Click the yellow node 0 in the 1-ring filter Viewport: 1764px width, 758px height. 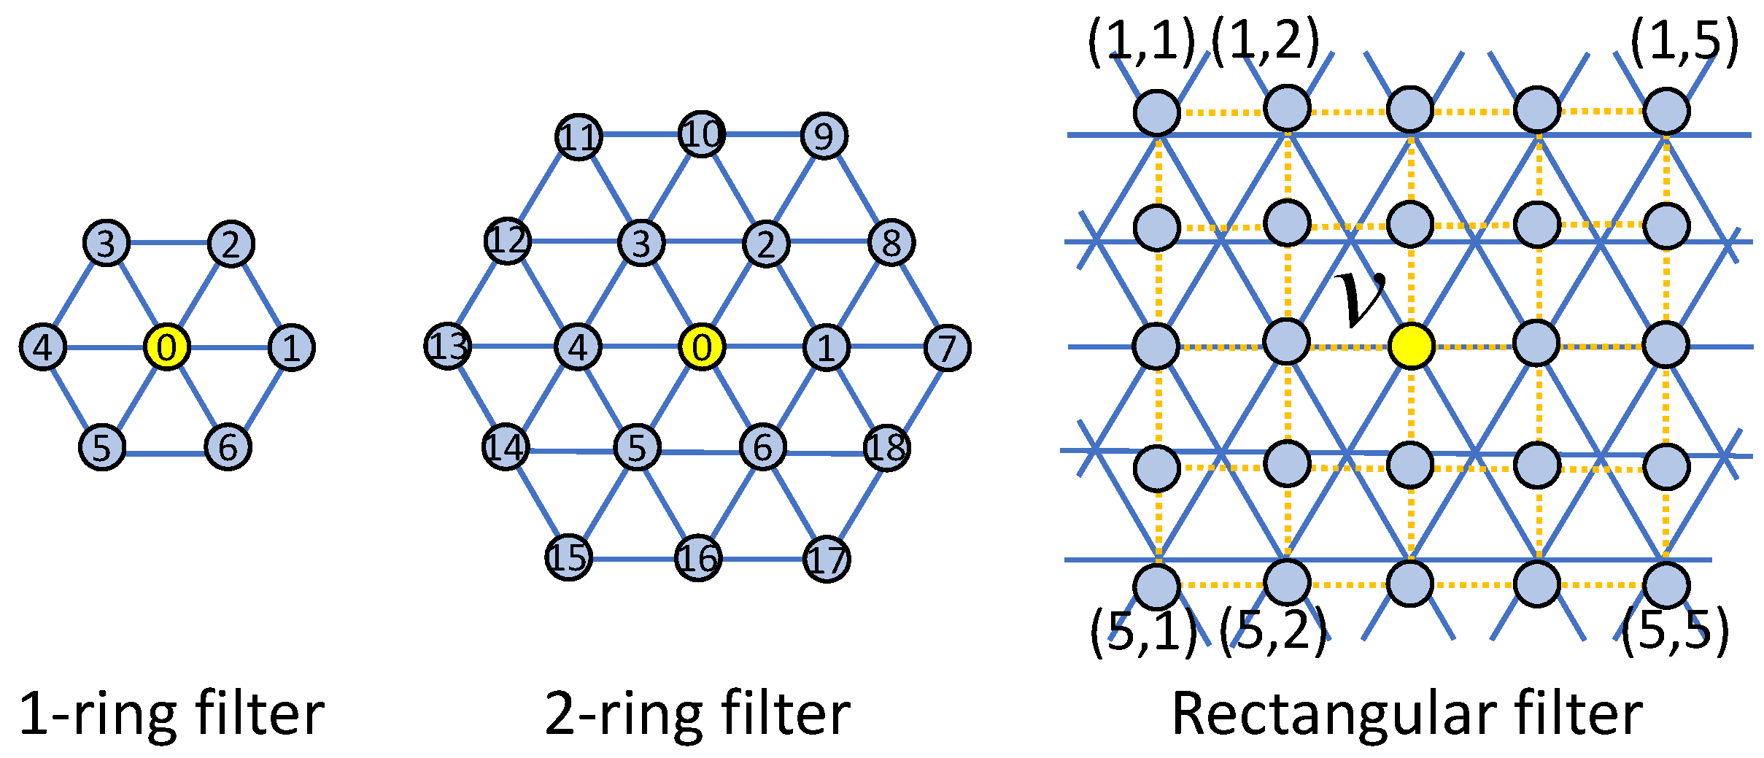coord(167,347)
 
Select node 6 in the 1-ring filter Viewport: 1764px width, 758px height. coord(228,447)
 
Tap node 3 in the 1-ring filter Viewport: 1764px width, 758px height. coord(107,243)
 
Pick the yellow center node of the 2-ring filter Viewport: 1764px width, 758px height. coord(702,347)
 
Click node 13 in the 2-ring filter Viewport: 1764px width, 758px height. coord(448,346)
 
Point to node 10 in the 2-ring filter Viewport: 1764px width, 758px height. coord(702,134)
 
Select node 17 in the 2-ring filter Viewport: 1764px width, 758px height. coord(827,560)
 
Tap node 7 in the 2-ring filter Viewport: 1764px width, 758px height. coord(947,348)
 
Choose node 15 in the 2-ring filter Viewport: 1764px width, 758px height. coord(569,557)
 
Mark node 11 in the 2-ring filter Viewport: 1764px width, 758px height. coord(579,136)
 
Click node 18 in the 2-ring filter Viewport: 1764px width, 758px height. coord(886,447)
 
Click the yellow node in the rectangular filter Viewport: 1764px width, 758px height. coord(1411,346)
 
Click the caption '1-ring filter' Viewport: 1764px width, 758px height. coord(171,715)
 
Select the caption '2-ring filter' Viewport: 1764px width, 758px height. coord(697,715)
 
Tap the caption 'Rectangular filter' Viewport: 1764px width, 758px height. coord(1408,715)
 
